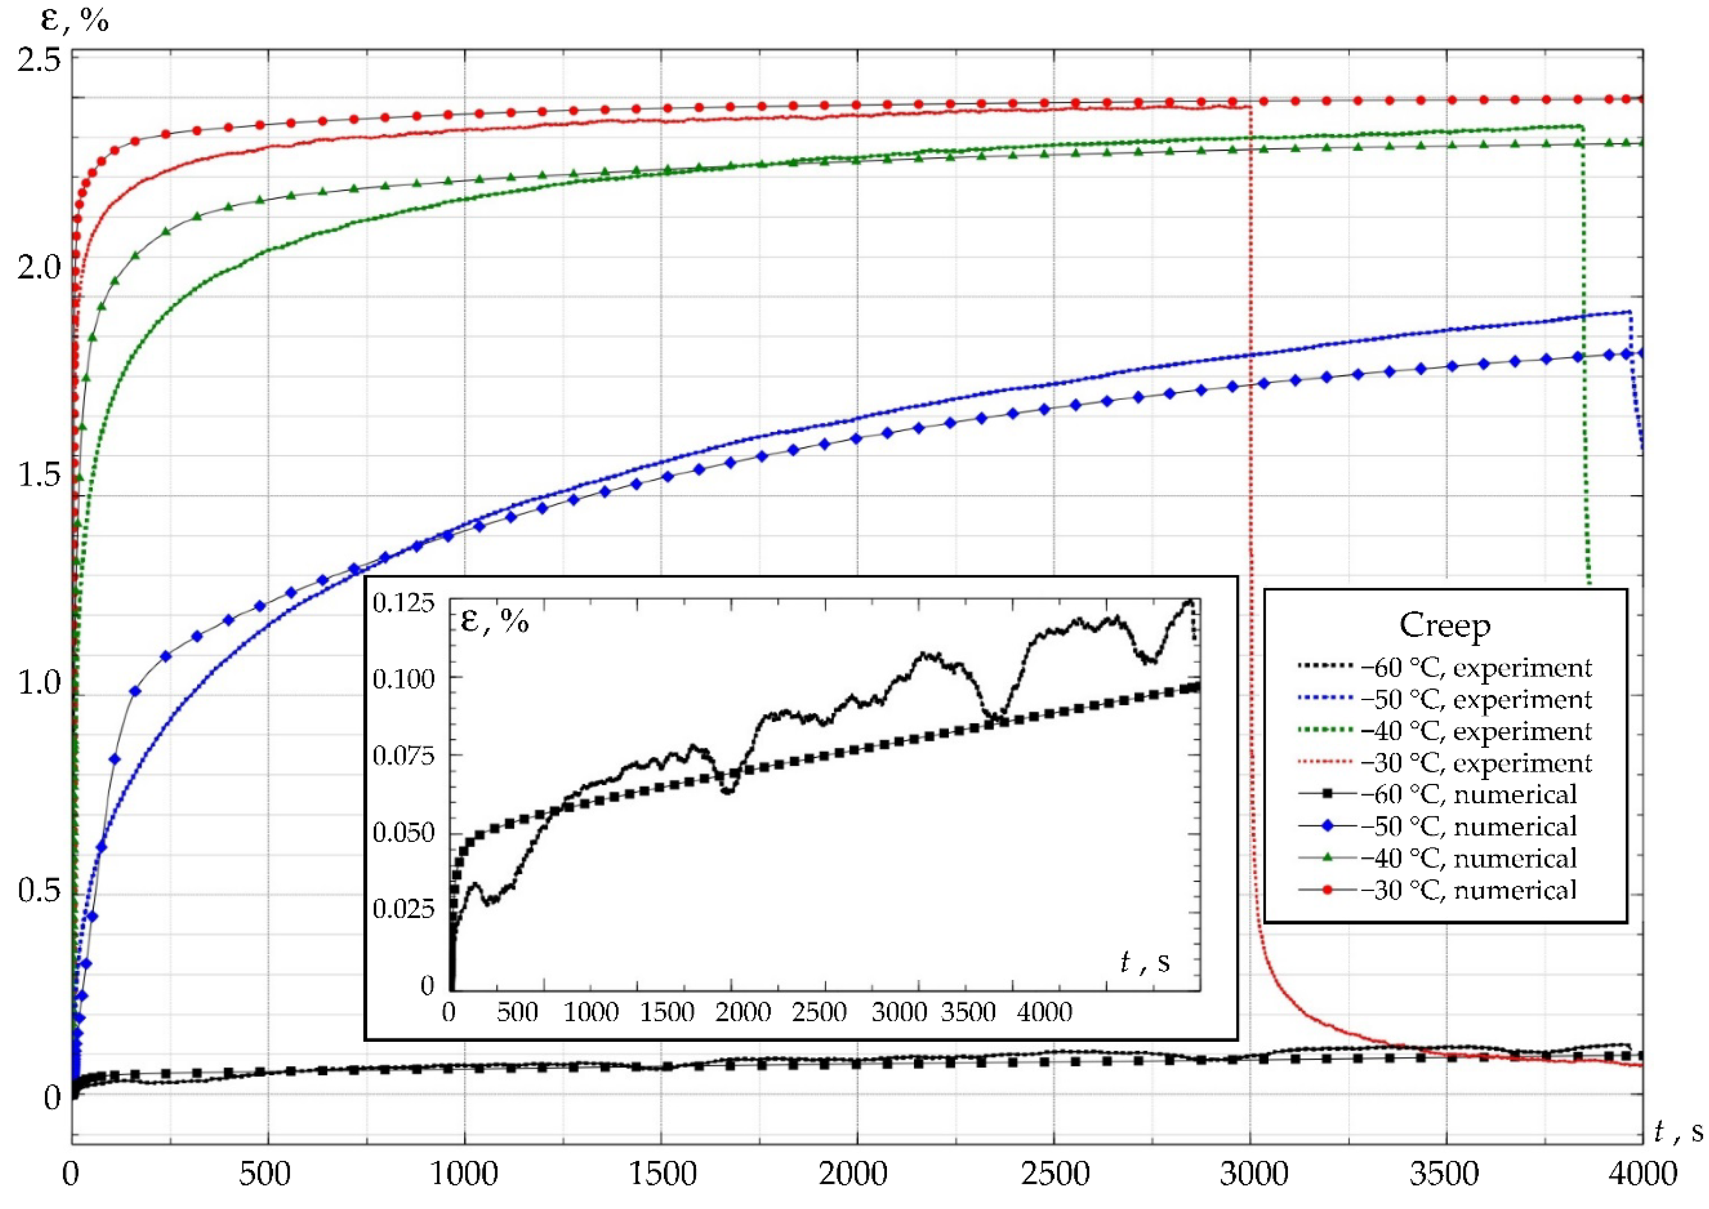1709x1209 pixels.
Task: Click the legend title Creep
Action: [x=1445, y=626]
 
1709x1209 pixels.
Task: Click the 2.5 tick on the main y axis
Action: [x=39, y=60]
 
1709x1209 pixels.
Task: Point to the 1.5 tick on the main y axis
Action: [x=39, y=475]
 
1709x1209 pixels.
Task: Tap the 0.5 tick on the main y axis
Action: [x=39, y=891]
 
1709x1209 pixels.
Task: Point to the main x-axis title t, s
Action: [x=1678, y=1132]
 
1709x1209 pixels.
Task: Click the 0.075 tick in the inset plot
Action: [x=403, y=756]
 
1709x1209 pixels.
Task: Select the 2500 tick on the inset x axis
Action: [x=819, y=1012]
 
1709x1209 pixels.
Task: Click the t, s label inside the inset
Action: [x=1145, y=962]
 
